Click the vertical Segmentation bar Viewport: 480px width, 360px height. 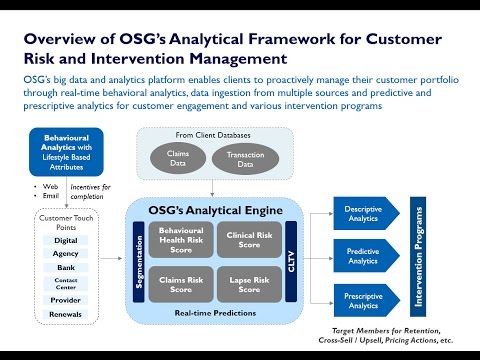(x=138, y=261)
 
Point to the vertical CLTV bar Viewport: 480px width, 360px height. (x=291, y=261)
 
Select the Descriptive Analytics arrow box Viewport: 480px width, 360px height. (x=343, y=214)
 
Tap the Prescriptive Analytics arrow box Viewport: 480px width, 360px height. (x=343, y=299)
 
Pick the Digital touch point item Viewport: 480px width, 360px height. (x=65, y=241)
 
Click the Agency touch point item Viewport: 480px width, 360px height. (x=65, y=255)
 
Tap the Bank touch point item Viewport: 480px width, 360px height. (x=65, y=269)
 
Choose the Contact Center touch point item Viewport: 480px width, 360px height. (x=65, y=284)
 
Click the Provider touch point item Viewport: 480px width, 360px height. (x=65, y=299)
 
